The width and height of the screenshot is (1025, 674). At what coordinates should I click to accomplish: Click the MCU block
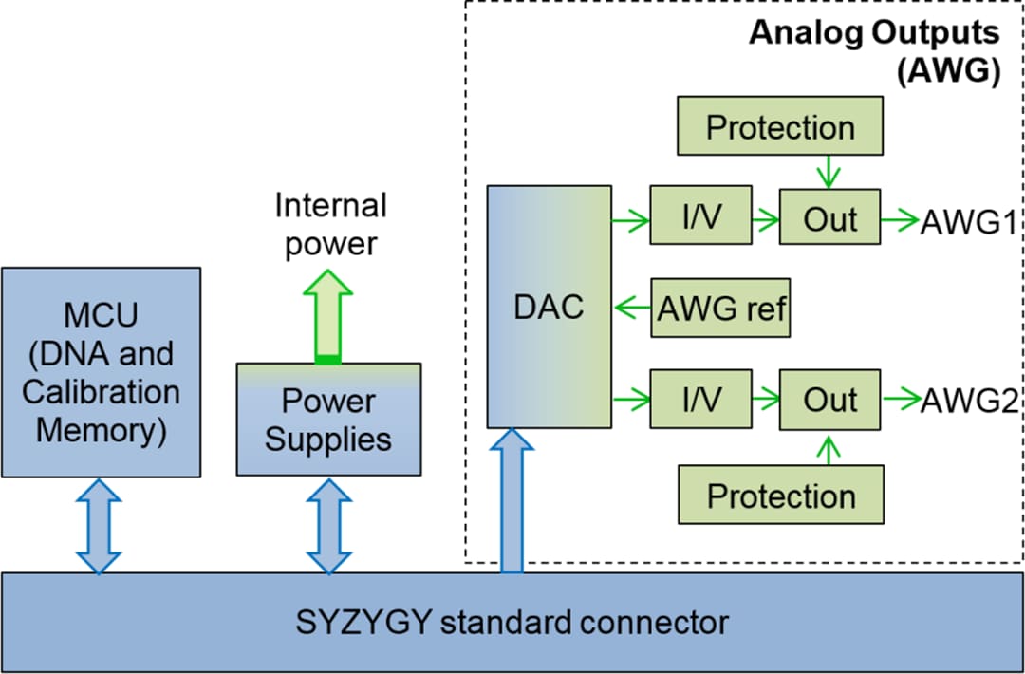(x=101, y=372)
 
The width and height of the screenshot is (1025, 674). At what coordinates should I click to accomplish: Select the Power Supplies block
(x=328, y=419)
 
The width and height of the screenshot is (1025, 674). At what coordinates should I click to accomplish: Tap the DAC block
(x=549, y=307)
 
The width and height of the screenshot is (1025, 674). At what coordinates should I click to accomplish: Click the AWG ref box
(x=721, y=309)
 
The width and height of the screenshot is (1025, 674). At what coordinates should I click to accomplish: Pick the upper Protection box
(x=780, y=128)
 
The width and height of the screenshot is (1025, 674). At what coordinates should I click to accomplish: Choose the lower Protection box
(x=780, y=495)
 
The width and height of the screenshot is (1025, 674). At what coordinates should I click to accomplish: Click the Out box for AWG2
(x=829, y=400)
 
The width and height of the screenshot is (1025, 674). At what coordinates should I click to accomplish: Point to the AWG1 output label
(x=969, y=221)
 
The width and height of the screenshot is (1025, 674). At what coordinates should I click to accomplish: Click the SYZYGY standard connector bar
(x=512, y=623)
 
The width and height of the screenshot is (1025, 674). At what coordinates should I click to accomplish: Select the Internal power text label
(x=330, y=224)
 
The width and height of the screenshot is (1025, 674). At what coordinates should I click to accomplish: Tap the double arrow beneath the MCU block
(x=101, y=525)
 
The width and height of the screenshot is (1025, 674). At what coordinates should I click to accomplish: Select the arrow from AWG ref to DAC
(x=631, y=309)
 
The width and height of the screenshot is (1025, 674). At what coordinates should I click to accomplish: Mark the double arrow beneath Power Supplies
(x=328, y=525)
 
